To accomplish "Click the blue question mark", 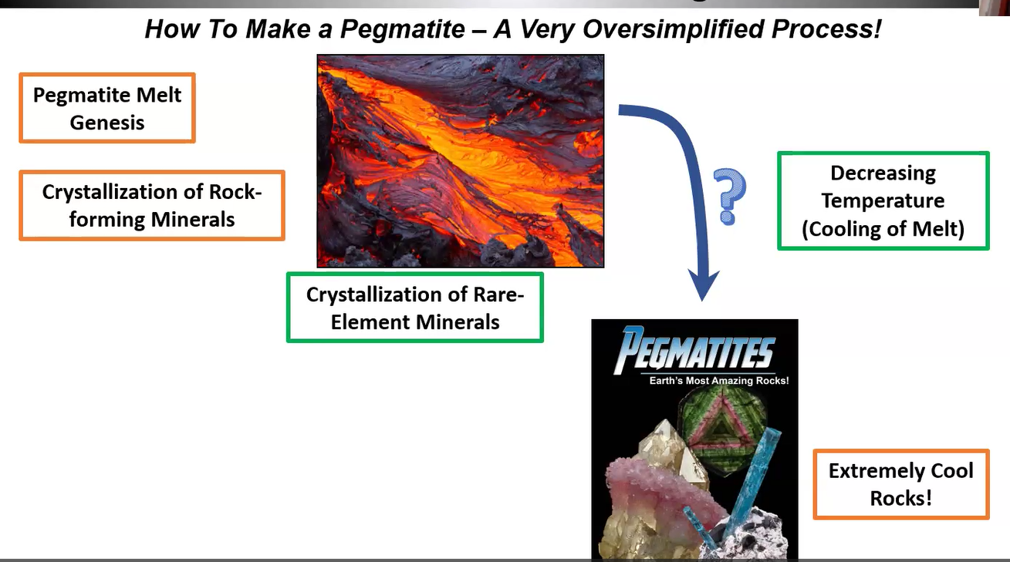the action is click(731, 197).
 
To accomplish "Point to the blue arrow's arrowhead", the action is click(703, 284).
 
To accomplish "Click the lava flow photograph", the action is click(461, 161).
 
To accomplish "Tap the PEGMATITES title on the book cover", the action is click(694, 350).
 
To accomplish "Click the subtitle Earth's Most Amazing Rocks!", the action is click(718, 381).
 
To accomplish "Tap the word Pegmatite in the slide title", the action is click(402, 29).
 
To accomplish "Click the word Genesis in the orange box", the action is click(107, 123).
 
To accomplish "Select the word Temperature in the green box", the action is click(883, 200).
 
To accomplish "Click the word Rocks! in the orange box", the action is click(901, 499).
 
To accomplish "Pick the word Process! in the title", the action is click(826, 29).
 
